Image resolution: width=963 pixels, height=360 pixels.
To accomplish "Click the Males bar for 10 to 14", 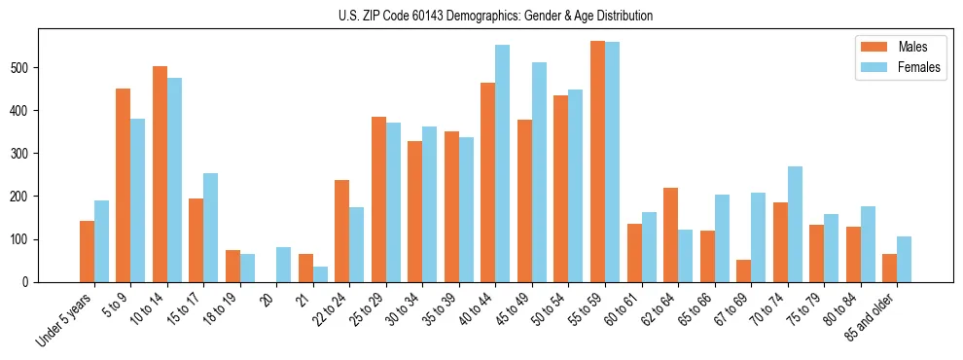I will [160, 174].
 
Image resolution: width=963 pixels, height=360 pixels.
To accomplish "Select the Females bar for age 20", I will [283, 265].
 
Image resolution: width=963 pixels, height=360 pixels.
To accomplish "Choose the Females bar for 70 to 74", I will [795, 224].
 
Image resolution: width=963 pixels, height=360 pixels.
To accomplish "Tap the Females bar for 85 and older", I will [904, 259].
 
